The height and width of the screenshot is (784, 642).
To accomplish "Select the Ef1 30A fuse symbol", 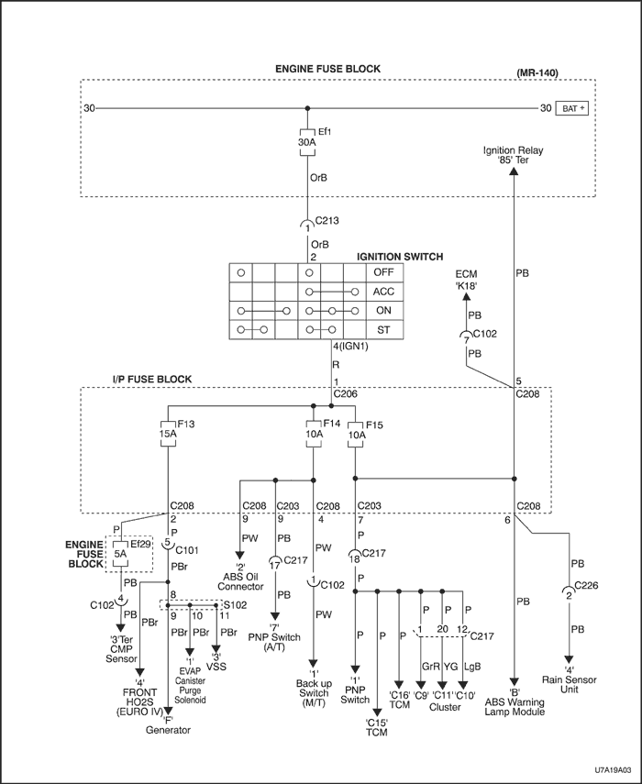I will click(307, 143).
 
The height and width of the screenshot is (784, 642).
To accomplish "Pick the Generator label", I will click(168, 730).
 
